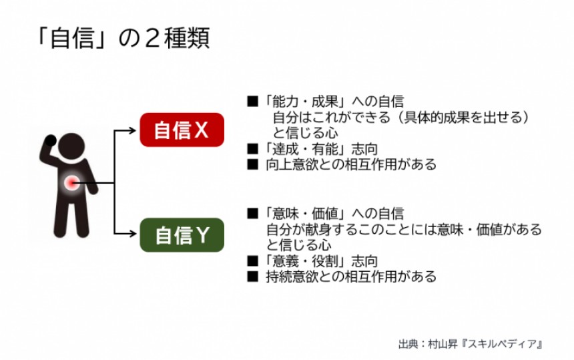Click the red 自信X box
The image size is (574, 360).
pos(182,130)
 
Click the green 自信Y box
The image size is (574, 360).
pos(182,236)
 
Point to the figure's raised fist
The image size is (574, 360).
pos(51,143)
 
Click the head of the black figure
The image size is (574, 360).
pos(70,147)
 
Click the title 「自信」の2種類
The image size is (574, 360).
pos(123,38)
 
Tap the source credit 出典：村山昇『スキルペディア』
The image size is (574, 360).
pos(471,345)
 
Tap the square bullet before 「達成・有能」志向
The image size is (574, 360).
pos(252,149)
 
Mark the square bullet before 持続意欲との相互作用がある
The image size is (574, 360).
pos(252,277)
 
